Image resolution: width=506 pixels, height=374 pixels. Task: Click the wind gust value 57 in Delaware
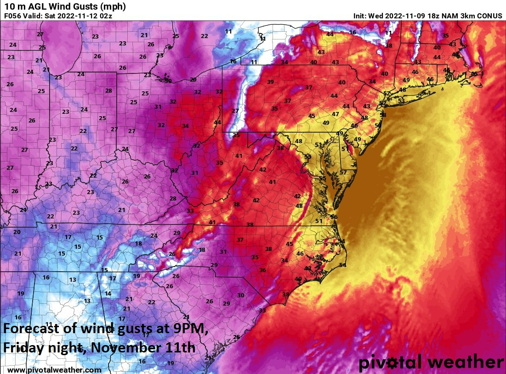pyautogui.click(x=343, y=173)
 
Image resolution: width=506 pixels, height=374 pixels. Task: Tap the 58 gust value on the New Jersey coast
pyautogui.click(x=383, y=115)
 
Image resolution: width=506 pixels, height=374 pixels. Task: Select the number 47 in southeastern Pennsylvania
pyautogui.click(x=335, y=114)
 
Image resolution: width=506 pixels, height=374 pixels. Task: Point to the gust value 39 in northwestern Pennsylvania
pyautogui.click(x=271, y=82)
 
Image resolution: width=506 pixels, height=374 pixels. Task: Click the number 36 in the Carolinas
pyautogui.click(x=262, y=270)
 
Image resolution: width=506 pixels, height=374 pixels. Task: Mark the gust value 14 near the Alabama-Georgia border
pyautogui.click(x=108, y=294)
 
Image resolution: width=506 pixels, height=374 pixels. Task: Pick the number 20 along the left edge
pyautogui.click(x=17, y=232)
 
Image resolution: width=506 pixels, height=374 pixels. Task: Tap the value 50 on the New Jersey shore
pyautogui.click(x=378, y=126)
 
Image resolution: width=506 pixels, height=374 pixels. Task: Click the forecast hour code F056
pyautogui.click(x=13, y=16)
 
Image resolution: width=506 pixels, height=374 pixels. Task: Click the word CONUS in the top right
pyautogui.click(x=489, y=16)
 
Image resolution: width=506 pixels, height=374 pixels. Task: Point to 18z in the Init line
pyautogui.click(x=425, y=16)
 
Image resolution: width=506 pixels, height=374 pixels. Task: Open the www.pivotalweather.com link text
pyautogui.click(x=54, y=370)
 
